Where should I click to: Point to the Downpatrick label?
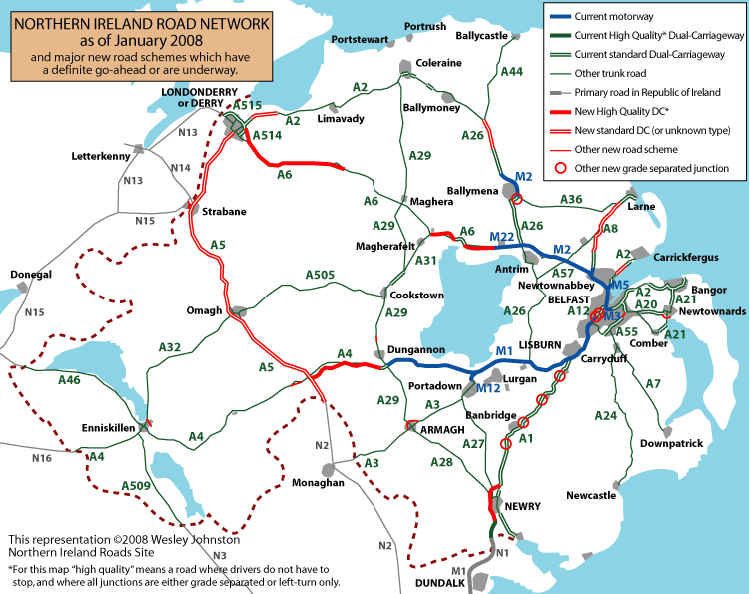coord(671,443)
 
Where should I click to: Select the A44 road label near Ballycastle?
coord(511,72)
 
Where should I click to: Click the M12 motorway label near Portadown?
coord(488,388)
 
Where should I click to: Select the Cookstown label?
coord(413,297)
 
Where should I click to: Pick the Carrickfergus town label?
coord(686,257)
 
